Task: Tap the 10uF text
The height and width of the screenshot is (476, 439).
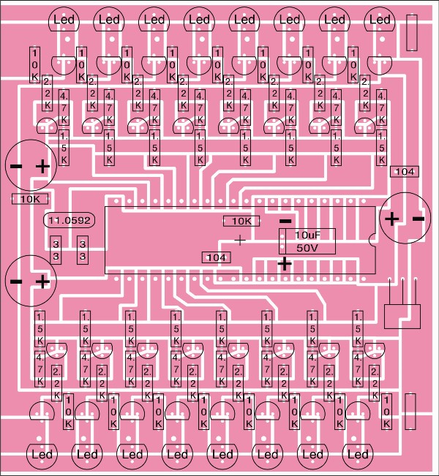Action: pyautogui.click(x=307, y=235)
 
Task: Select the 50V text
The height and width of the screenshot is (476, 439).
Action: pyautogui.click(x=307, y=248)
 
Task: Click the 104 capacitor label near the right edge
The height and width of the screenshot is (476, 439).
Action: pyautogui.click(x=405, y=171)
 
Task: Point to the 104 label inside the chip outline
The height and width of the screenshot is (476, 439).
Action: pyautogui.click(x=216, y=257)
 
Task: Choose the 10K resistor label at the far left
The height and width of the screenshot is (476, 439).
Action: pyautogui.click(x=30, y=198)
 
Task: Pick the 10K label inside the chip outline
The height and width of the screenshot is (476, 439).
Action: pyautogui.click(x=239, y=221)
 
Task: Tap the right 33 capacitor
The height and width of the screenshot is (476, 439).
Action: pyautogui.click(x=83, y=249)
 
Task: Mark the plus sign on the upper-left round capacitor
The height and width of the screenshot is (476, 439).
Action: pyautogui.click(x=42, y=167)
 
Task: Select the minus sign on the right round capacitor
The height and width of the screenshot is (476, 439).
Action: pyautogui.click(x=418, y=218)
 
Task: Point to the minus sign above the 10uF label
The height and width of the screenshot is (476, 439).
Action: pyautogui.click(x=285, y=220)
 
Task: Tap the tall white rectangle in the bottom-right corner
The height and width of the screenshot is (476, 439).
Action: pyautogui.click(x=410, y=407)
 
